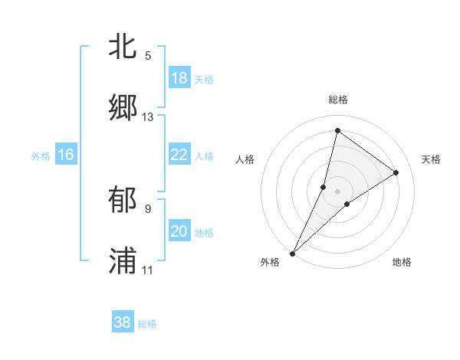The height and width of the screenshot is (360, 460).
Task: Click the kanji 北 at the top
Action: (x=123, y=46)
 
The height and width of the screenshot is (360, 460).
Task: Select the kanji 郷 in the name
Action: (x=123, y=108)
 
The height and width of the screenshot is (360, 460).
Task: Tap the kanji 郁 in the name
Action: (x=123, y=200)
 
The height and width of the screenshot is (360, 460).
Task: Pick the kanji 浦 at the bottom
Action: (x=123, y=261)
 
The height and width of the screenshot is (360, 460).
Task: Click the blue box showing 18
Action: (x=179, y=78)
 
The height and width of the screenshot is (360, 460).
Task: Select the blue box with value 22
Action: (x=179, y=155)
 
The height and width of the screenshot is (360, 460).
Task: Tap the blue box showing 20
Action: (x=179, y=231)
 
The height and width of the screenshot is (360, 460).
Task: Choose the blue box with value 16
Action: (x=66, y=155)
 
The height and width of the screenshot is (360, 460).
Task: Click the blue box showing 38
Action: (x=123, y=322)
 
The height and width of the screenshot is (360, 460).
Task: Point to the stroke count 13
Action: (x=148, y=117)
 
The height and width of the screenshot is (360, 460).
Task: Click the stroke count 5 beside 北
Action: (x=148, y=55)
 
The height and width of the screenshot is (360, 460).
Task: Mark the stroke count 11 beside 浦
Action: (x=148, y=270)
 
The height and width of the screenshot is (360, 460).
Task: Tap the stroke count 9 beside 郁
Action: (x=148, y=208)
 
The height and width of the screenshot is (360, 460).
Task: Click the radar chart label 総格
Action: (x=338, y=100)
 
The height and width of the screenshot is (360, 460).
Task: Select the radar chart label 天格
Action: (x=431, y=159)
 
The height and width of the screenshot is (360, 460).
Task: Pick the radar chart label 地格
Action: (x=402, y=263)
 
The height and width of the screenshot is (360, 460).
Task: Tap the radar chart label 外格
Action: (x=270, y=263)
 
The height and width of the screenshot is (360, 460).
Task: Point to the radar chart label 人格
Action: (x=245, y=159)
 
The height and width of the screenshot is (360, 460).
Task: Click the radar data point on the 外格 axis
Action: (x=293, y=253)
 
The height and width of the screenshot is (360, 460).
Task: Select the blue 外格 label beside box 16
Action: (x=41, y=156)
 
